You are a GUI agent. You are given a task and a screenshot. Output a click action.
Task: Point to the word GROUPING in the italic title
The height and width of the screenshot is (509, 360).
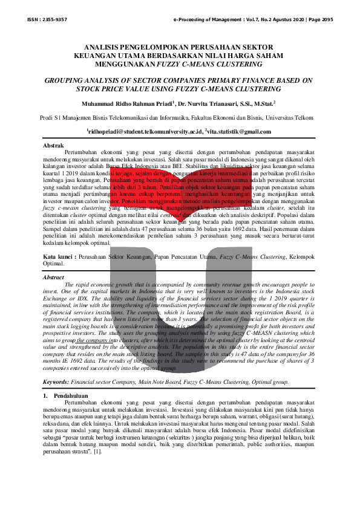[x=71, y=80]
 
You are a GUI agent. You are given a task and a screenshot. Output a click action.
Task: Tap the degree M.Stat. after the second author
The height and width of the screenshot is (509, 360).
[x=262, y=103]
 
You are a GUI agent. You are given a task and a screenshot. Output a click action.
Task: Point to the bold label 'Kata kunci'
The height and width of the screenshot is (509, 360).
[x=58, y=258]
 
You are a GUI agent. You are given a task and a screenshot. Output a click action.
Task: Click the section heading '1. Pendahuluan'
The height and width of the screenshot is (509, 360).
[x=68, y=395]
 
